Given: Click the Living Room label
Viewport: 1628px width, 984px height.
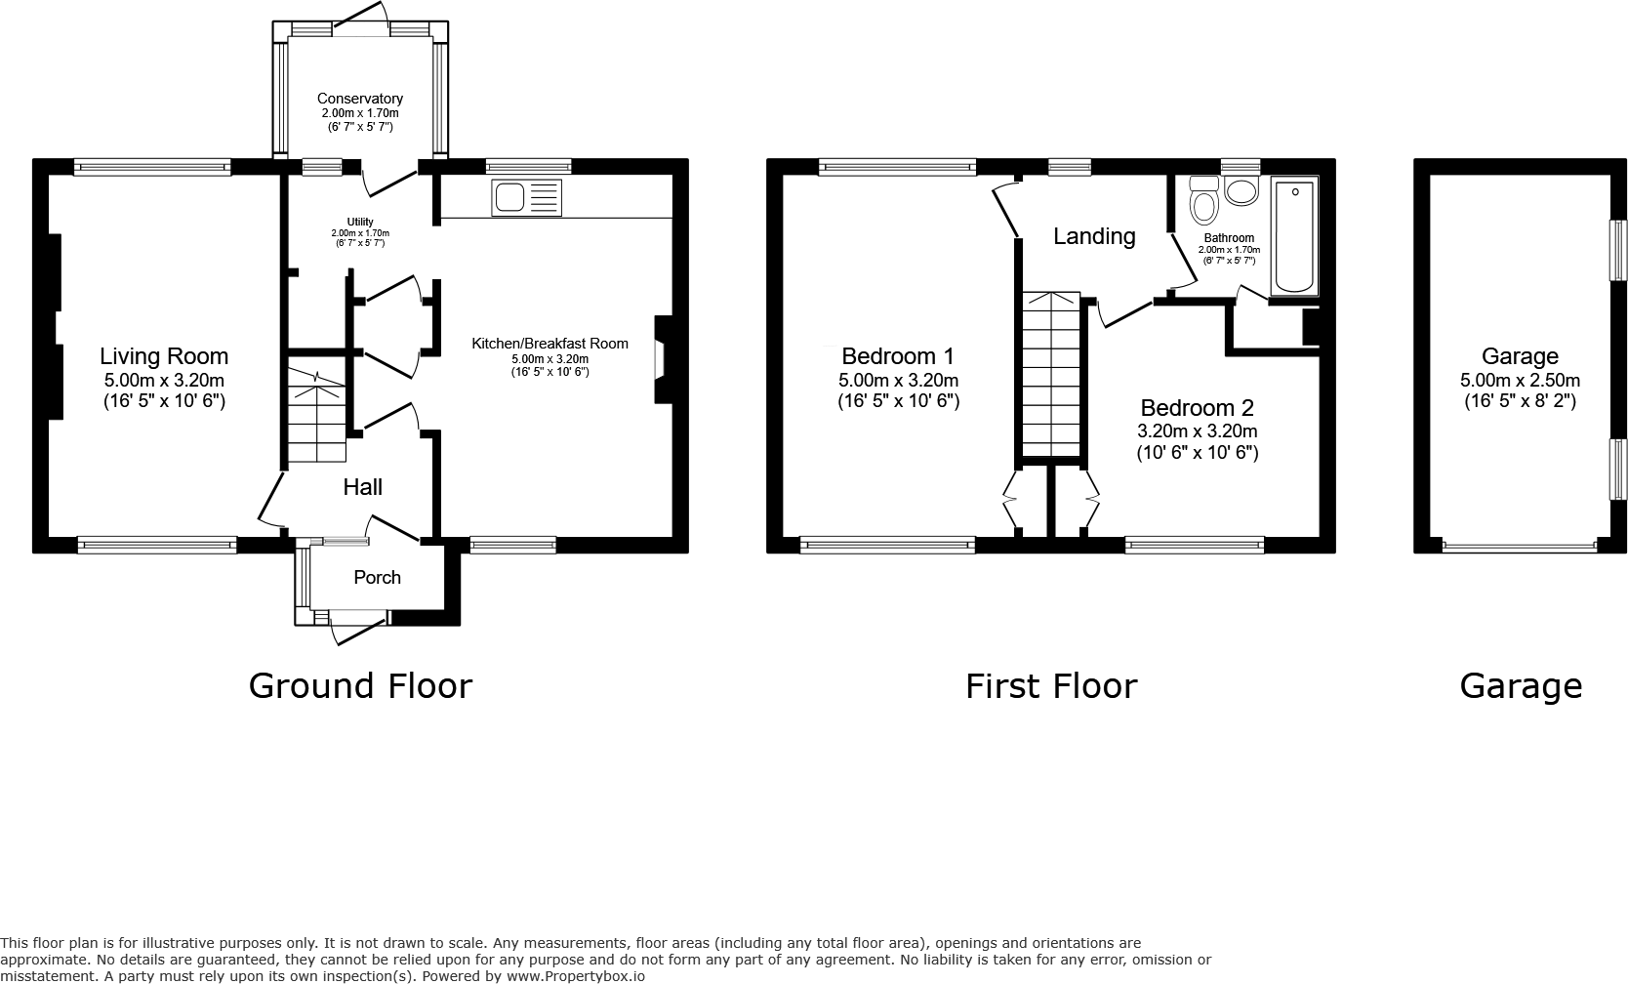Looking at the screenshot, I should click(x=164, y=356).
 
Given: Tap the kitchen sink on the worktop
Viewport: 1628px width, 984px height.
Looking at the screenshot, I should click(x=527, y=198).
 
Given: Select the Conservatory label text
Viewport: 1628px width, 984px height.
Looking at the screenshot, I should click(x=360, y=99).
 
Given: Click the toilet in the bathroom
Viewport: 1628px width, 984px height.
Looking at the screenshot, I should click(x=1204, y=203).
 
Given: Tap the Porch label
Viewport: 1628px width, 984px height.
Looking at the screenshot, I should click(x=377, y=577).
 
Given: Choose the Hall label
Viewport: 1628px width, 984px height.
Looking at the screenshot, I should click(x=362, y=487).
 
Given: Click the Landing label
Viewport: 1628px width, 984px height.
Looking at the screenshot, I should click(x=1094, y=236).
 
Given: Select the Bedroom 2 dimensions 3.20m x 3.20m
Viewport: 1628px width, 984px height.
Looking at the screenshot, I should click(x=1197, y=430).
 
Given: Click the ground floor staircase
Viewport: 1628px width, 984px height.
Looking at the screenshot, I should click(x=315, y=410).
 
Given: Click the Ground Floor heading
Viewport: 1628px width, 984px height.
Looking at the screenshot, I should click(x=360, y=686).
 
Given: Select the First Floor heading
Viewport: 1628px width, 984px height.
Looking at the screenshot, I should click(x=1051, y=686).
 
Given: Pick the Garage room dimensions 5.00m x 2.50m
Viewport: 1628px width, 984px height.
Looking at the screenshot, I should click(x=1520, y=381).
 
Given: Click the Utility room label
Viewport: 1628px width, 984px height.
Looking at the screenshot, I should click(x=360, y=223).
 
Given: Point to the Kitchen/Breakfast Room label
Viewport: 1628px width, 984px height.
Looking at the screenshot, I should click(x=549, y=344).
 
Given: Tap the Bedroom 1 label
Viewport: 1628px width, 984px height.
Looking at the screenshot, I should click(x=898, y=356).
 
